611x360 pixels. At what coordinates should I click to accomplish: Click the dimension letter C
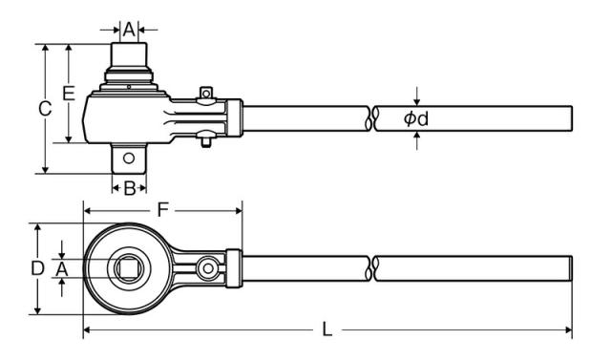pyautogui.click(x=45, y=109)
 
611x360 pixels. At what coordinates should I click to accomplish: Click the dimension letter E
pyautogui.click(x=69, y=94)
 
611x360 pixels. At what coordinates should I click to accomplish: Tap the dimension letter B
pyautogui.click(x=130, y=188)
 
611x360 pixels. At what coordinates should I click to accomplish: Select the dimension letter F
pyautogui.click(x=163, y=210)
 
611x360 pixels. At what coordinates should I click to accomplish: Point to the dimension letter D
pyautogui.click(x=37, y=268)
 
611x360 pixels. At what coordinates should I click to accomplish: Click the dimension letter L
pyautogui.click(x=327, y=329)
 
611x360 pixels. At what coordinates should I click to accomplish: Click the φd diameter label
pyautogui.click(x=416, y=118)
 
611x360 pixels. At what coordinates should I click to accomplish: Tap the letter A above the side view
pyautogui.click(x=129, y=30)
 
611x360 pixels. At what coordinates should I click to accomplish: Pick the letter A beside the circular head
pyautogui.click(x=61, y=269)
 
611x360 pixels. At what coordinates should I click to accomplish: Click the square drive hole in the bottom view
pyautogui.click(x=129, y=268)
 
